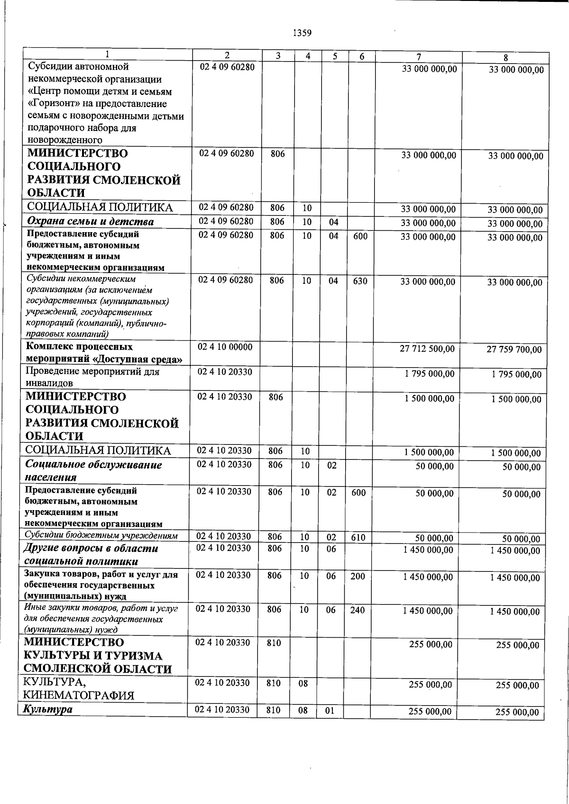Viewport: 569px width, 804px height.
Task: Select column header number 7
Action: (419, 56)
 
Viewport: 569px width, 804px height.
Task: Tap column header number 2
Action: (227, 55)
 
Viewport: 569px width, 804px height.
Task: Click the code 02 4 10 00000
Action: (225, 347)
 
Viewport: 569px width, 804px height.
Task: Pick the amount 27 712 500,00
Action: (427, 349)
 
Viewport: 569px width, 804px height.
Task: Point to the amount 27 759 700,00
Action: (514, 350)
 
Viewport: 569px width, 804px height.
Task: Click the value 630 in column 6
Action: (360, 281)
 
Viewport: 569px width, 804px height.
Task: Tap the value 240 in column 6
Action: (358, 610)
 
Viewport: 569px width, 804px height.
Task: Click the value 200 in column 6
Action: (358, 576)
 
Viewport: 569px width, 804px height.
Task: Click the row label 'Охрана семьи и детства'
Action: (90, 222)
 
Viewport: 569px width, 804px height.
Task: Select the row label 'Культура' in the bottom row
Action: (46, 710)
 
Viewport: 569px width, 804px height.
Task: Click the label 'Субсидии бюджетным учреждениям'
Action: (101, 536)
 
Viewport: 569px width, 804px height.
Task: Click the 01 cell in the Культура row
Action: (330, 711)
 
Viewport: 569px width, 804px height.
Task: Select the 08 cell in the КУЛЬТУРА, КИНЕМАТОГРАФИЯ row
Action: (303, 684)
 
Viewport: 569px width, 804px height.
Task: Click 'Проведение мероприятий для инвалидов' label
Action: (92, 378)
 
